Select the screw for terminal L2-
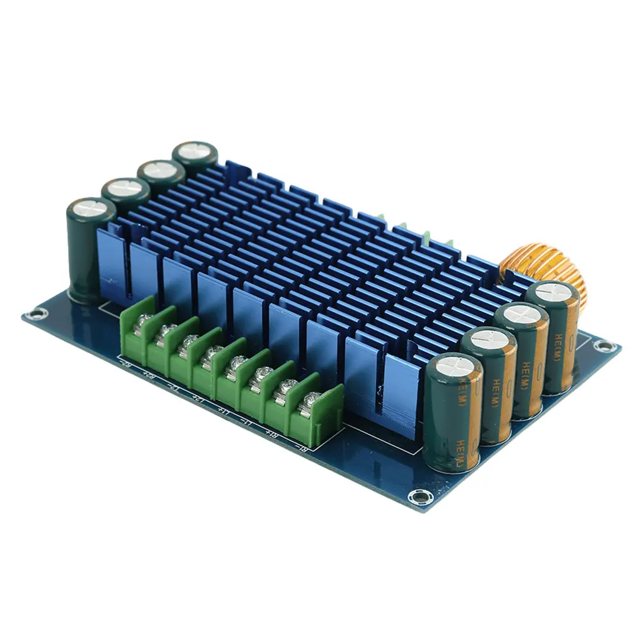point(187,341)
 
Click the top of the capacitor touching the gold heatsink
point(552,293)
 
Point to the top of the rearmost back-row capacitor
point(195,152)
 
